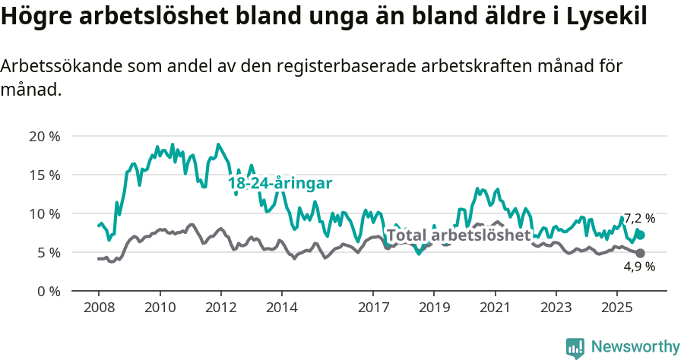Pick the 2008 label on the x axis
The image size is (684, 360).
(99, 308)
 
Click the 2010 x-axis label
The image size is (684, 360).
(160, 308)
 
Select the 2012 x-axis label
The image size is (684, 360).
(220, 308)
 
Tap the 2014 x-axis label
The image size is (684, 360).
(281, 308)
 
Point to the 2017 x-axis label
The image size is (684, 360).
(373, 308)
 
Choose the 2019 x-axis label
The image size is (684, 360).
(434, 308)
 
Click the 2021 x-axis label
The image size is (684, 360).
(495, 308)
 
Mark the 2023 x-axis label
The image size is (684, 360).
(556, 308)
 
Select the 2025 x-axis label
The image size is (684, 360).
(616, 308)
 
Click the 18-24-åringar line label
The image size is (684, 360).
(280, 184)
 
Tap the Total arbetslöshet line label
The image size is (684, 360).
(458, 235)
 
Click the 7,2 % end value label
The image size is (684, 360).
(639, 219)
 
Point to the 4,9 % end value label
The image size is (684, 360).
(639, 267)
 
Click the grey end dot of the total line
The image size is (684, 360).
(640, 253)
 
